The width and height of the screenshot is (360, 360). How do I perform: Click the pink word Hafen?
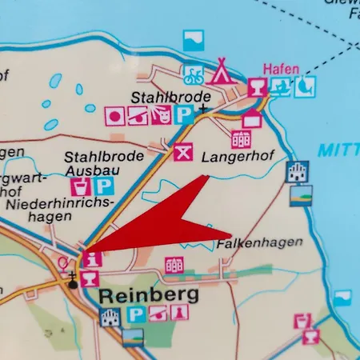pos(282,69)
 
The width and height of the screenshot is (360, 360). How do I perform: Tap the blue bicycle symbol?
pos(193,76)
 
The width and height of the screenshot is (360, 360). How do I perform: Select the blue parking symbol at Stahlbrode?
pos(183,116)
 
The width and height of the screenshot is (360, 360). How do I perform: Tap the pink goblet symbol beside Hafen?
pos(257,86)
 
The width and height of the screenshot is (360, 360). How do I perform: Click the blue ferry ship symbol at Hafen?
pos(280,86)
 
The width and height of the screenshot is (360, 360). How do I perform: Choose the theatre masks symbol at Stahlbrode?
pos(160,116)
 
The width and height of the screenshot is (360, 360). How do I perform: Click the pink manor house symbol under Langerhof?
pos(241,139)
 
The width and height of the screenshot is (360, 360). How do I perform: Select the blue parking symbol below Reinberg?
pos(137,316)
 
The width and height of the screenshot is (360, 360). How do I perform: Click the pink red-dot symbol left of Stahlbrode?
pos(114,116)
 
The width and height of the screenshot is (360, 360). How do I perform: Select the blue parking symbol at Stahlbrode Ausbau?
pos(104,187)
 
